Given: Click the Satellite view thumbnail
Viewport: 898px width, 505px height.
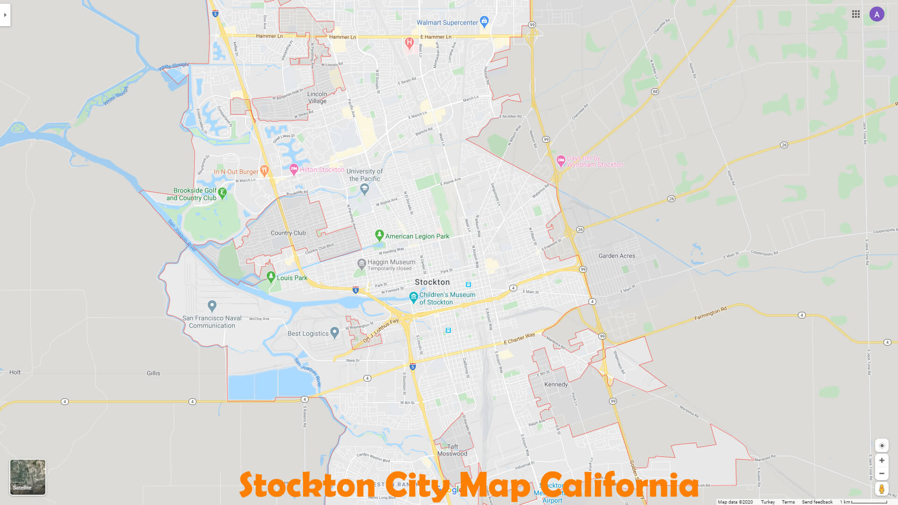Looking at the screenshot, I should point(28,476).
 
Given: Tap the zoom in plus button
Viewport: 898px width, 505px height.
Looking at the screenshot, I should point(882,461).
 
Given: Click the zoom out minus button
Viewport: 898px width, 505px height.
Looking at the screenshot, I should point(882,474).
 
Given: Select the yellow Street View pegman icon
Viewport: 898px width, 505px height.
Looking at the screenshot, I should point(882,489).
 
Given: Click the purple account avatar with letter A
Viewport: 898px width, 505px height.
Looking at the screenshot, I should point(876,14).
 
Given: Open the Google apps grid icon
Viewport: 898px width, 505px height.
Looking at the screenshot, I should point(856,14).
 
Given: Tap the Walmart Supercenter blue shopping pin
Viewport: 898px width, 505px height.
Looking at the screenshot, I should point(484,21).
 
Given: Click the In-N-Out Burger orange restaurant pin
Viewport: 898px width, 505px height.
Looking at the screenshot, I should point(264,170).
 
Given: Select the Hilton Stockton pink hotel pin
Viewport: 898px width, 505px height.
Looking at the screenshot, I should point(294,169).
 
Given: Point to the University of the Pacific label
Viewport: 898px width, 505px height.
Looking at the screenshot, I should point(364,175).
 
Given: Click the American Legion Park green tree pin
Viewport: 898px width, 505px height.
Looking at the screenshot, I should point(379,235).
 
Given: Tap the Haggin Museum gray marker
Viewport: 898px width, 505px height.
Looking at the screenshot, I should point(362,264).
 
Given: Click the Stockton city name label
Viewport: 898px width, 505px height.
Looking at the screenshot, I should point(432,282).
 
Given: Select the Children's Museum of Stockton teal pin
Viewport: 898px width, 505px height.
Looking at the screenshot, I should point(413,297).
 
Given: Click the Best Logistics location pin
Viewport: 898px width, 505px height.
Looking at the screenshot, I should point(334,332).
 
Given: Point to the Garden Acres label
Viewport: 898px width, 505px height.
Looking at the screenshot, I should point(617,256).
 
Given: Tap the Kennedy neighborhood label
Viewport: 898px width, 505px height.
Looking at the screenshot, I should point(556,384).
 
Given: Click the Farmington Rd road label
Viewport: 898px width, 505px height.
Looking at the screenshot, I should point(710,313).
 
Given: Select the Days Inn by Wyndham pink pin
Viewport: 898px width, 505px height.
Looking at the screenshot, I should point(561,161).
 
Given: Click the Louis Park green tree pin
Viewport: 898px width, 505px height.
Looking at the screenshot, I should point(270,277).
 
